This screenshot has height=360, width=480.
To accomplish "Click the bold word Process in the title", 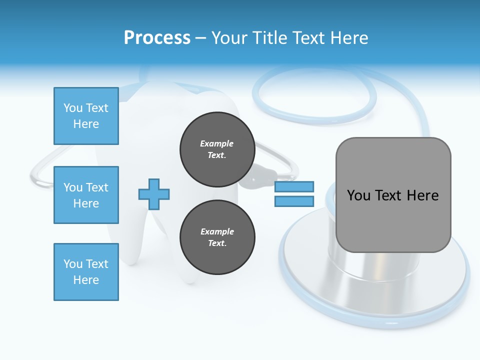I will pyautogui.click(x=157, y=38).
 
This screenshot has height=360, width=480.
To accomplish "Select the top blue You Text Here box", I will pyautogui.click(x=86, y=116).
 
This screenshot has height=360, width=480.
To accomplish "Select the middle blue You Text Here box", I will pyautogui.click(x=86, y=195).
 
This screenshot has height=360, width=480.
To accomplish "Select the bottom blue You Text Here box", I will pyautogui.click(x=86, y=272).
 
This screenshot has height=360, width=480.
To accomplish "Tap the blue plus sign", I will pyautogui.click(x=154, y=194).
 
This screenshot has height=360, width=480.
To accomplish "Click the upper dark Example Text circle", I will pyautogui.click(x=217, y=149).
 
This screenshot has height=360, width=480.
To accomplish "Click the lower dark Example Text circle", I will pyautogui.click(x=217, y=237).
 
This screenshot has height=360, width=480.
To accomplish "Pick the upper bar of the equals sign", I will pyautogui.click(x=294, y=187).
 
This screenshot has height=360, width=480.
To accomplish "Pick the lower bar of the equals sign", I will pyautogui.click(x=294, y=201).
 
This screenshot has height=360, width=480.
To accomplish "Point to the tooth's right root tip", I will pyautogui.click(x=189, y=277).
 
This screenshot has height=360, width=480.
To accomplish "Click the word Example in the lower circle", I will pyautogui.click(x=217, y=231).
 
